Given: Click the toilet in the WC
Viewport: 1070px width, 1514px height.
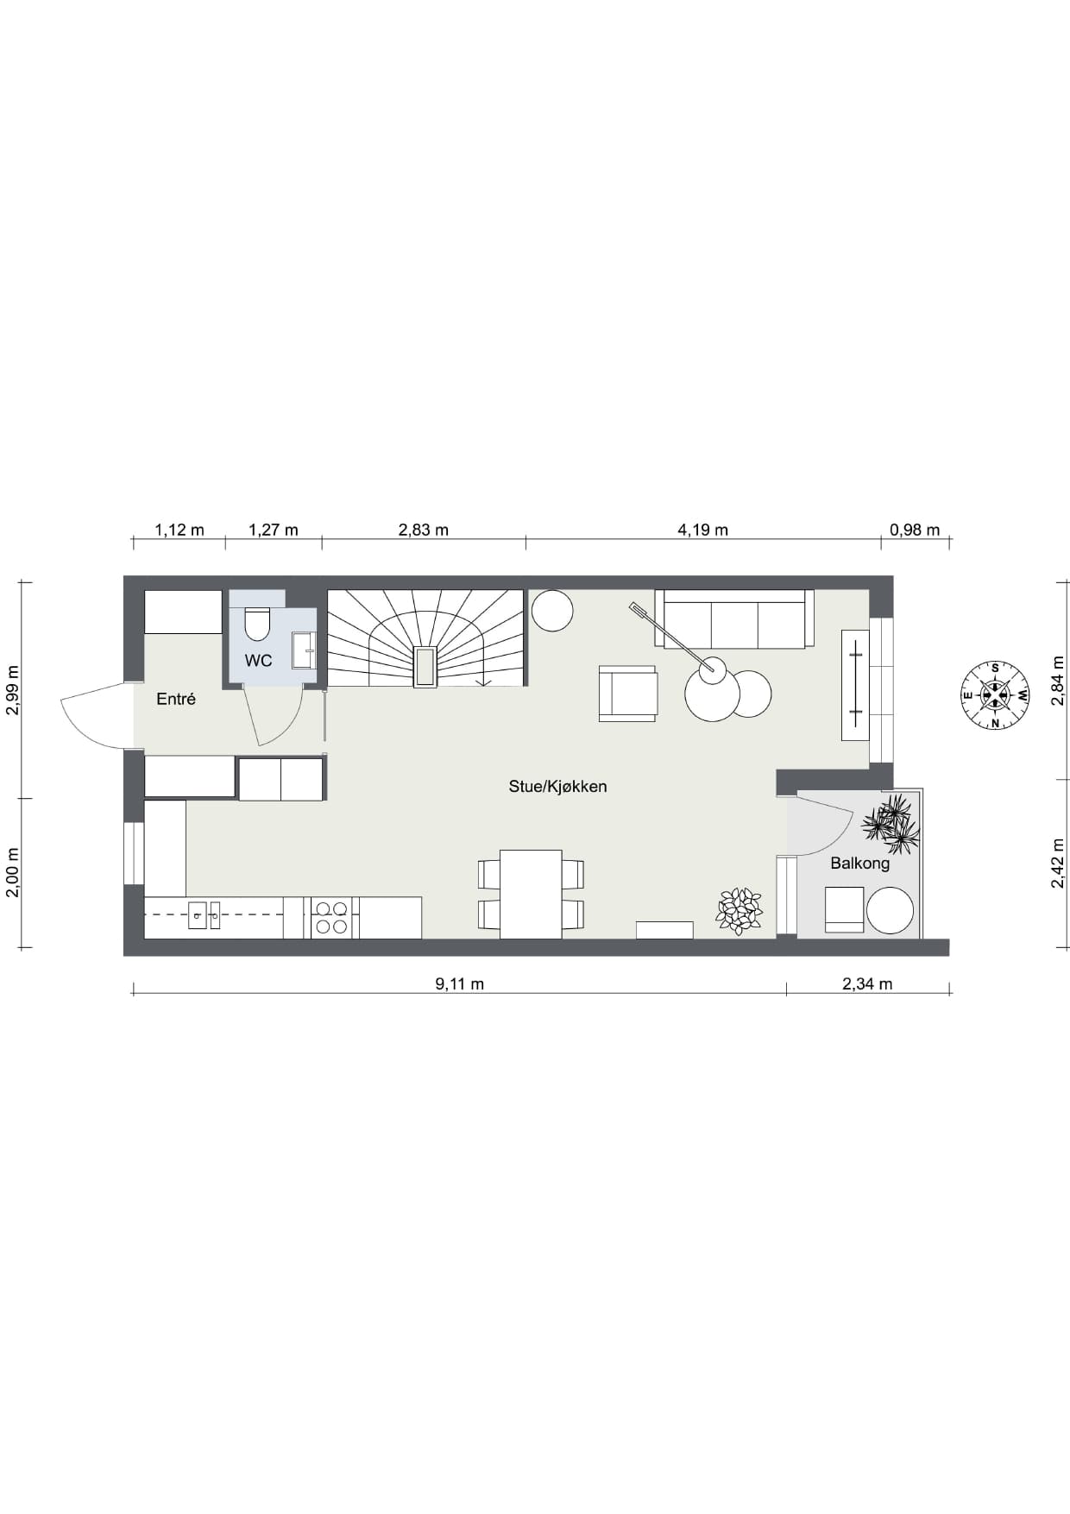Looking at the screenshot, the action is pyautogui.click(x=258, y=625).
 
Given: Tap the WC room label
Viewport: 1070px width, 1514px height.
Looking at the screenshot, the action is pyautogui.click(x=258, y=661).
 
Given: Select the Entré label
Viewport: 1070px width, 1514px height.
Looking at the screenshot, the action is pyautogui.click(x=176, y=699).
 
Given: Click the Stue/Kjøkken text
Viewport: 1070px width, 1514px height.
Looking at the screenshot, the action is pyautogui.click(x=557, y=786).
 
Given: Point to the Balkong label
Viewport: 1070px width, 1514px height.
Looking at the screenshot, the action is pyautogui.click(x=859, y=863).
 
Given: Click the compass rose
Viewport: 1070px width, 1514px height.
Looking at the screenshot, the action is pyautogui.click(x=995, y=694).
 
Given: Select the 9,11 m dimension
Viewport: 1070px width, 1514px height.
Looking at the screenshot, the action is pyautogui.click(x=459, y=983).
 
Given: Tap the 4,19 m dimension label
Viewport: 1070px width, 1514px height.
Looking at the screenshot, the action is pyautogui.click(x=702, y=530).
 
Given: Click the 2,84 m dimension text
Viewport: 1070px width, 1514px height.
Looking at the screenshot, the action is pyautogui.click(x=1058, y=681).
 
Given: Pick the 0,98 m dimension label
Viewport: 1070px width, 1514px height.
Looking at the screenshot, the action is pyautogui.click(x=915, y=530).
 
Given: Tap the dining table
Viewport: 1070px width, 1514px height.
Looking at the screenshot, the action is pyautogui.click(x=531, y=894).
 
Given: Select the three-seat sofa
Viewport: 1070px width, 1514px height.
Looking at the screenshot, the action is pyautogui.click(x=734, y=619).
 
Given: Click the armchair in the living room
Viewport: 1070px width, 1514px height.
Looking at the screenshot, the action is pyautogui.click(x=628, y=693).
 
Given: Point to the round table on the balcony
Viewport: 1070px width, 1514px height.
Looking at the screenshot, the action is pyautogui.click(x=890, y=910).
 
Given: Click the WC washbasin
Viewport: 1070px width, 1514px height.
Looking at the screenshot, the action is pyautogui.click(x=304, y=650).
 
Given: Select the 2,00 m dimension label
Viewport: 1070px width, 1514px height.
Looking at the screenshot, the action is pyautogui.click(x=13, y=872).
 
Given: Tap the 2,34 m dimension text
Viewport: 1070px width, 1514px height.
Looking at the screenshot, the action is pyautogui.click(x=867, y=983).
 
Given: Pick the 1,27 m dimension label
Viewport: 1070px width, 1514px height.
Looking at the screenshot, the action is pyautogui.click(x=274, y=530).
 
